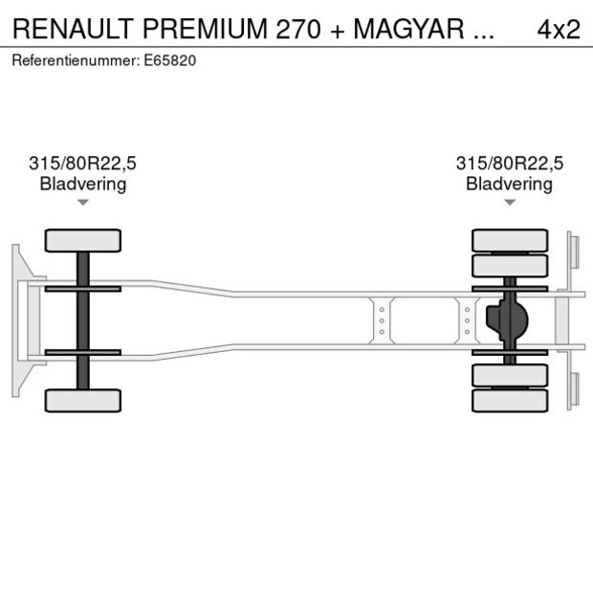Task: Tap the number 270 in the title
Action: click(x=297, y=29)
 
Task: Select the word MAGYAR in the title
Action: click(x=410, y=29)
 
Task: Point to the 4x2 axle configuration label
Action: click(x=559, y=29)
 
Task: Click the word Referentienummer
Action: click(x=76, y=59)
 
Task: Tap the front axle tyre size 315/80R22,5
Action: click(x=83, y=164)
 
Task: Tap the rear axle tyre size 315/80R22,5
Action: click(x=510, y=164)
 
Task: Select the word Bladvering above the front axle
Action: click(x=83, y=184)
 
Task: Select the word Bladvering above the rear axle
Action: click(x=510, y=184)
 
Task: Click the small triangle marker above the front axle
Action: click(x=83, y=202)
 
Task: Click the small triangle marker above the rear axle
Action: click(x=510, y=202)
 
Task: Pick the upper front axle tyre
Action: click(x=83, y=240)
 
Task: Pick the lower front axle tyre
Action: click(x=83, y=400)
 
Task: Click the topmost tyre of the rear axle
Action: click(x=510, y=240)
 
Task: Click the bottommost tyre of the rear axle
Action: click(x=510, y=400)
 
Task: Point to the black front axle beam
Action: click(x=83, y=320)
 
